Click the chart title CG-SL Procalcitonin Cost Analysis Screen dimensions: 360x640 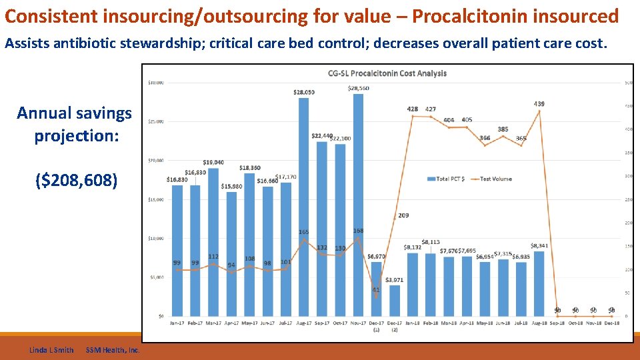[x=387, y=73]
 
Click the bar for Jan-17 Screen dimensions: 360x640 [x=177, y=253]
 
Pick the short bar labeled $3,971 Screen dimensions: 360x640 [x=395, y=301]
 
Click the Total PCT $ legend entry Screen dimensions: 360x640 [x=449, y=179]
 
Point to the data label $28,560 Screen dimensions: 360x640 [x=358, y=89]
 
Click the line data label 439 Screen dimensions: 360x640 [x=539, y=104]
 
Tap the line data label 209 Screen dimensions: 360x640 [x=403, y=215]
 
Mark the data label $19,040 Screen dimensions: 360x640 [x=213, y=163]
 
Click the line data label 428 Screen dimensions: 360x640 [x=413, y=109]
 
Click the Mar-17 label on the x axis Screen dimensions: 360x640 [x=213, y=323]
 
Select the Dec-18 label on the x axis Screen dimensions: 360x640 [x=611, y=323]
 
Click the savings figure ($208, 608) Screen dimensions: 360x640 [x=75, y=180]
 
